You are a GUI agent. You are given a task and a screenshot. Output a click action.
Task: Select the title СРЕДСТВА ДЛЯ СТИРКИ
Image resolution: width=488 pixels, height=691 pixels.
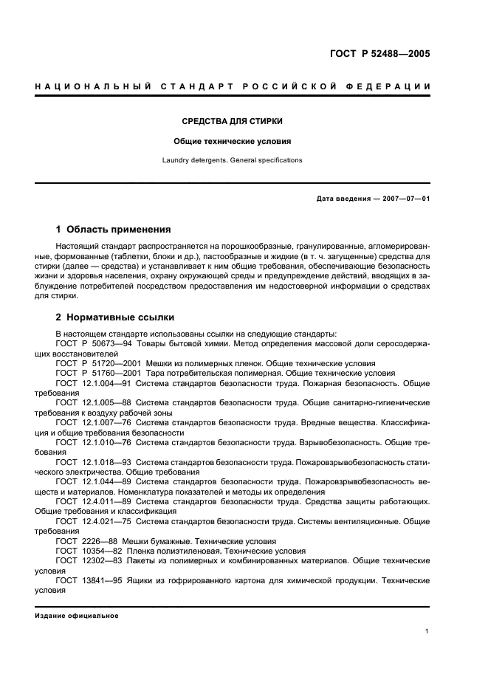pos(233,120)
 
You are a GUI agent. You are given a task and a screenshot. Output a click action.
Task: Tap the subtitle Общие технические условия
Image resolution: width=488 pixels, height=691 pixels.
pos(233,140)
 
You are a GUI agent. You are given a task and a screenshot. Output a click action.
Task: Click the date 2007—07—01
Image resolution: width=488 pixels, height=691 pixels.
pos(403,199)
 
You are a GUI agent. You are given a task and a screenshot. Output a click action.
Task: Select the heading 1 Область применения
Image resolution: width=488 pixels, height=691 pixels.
pos(114,230)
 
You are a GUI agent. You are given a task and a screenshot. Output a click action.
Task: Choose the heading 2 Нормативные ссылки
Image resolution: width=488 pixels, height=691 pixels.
pos(115,317)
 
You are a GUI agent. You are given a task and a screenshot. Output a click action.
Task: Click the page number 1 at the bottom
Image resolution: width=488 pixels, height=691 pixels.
pos(427,630)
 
